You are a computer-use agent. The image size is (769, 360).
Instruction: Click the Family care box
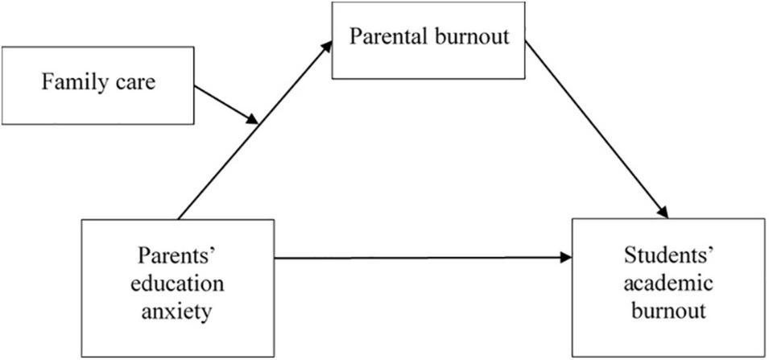click(97, 85)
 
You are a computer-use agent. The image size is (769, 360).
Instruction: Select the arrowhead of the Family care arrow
click(252, 120)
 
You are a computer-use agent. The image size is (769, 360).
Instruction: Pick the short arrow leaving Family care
click(225, 104)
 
